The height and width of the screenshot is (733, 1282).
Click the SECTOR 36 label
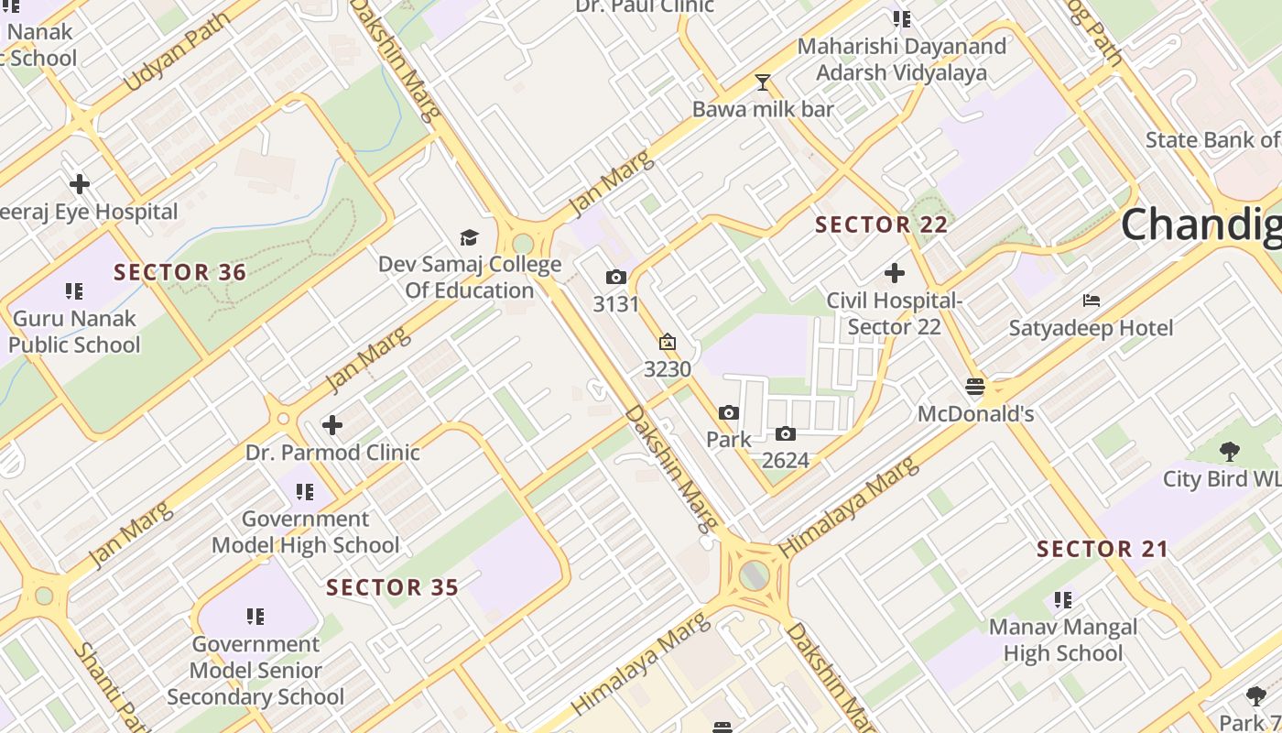coord(180,272)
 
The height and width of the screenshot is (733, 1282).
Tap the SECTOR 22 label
coord(881,224)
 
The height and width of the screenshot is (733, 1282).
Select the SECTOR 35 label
coord(392,587)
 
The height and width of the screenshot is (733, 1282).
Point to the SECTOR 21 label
coord(1103,550)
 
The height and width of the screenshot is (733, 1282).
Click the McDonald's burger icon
coord(975,387)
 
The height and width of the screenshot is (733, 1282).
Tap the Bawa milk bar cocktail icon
coord(762,82)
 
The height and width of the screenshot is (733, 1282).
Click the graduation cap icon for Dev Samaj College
coord(469,238)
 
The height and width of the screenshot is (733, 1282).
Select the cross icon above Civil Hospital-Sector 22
coord(894,273)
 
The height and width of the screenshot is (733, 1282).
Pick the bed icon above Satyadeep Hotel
coord(1091,301)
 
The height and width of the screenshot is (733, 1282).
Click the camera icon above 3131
coord(615,277)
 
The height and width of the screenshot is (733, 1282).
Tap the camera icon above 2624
coord(786,433)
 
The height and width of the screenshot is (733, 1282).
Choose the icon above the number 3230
coord(668,343)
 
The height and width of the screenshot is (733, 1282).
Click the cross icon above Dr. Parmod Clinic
coord(332,425)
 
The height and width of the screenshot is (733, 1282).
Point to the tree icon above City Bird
coord(1229,451)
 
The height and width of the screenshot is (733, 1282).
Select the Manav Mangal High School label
coord(1062,640)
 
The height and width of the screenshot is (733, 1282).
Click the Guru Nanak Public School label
coord(74,332)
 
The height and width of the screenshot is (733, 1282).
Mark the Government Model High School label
coord(306,532)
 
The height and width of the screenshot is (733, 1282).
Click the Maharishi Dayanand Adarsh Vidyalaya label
coord(901,60)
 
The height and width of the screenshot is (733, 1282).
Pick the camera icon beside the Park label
coord(729,413)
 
